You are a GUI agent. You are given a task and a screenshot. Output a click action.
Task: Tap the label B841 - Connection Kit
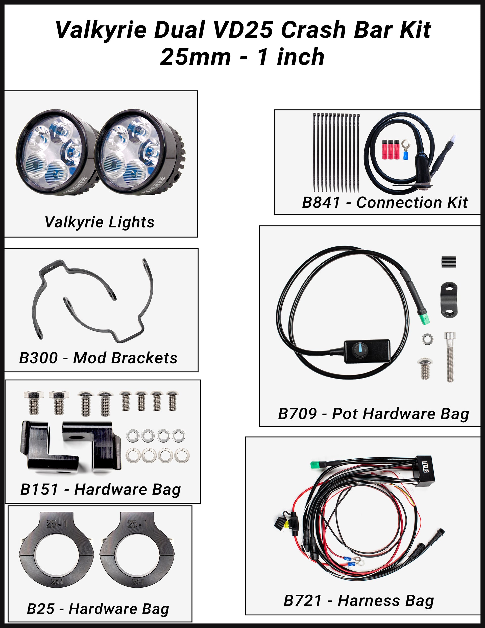[385, 202]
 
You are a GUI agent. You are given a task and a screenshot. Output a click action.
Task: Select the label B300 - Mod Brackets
[98, 358]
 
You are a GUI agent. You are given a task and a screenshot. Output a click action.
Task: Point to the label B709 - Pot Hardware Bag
[373, 414]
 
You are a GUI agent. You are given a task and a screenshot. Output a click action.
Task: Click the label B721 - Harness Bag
[358, 601]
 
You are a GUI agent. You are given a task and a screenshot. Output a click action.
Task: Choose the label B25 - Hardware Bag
[98, 609]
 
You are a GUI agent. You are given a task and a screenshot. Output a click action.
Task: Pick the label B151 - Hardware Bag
[100, 490]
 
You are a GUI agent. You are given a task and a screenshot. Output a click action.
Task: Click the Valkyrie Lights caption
[100, 222]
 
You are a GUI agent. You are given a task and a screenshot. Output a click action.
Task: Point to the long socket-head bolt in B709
[450, 357]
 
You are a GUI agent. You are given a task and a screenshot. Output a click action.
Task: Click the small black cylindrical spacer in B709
[448, 262]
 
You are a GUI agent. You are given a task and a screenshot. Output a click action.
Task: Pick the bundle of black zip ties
[336, 152]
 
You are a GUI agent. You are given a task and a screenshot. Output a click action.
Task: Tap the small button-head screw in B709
[424, 368]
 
